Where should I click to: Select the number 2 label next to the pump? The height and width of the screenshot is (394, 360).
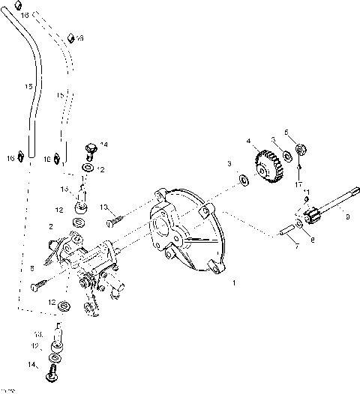tap(50, 225)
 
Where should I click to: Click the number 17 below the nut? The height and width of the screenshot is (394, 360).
tap(298, 184)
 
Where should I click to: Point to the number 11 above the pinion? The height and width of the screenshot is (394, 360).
tap(306, 193)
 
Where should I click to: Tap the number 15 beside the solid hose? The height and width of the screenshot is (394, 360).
tap(27, 88)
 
